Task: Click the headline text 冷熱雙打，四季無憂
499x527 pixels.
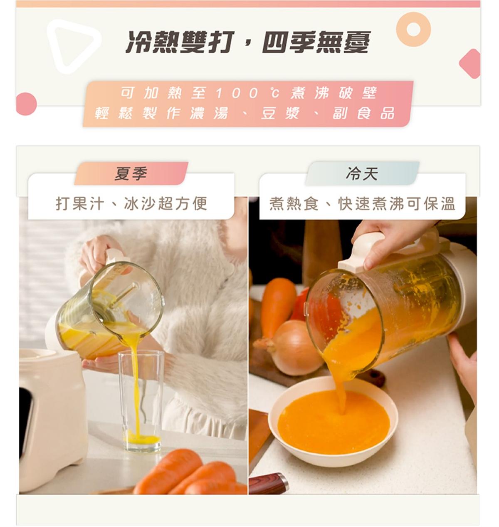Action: [x=248, y=42]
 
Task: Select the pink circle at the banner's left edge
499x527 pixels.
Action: [x=26, y=104]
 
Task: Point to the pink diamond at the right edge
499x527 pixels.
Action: [x=470, y=64]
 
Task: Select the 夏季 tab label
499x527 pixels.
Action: [x=131, y=173]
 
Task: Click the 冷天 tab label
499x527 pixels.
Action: [x=362, y=173]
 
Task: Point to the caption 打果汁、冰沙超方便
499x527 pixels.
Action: [x=131, y=203]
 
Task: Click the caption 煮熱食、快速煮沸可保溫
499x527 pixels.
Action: [x=362, y=203]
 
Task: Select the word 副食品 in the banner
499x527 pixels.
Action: [x=363, y=113]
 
